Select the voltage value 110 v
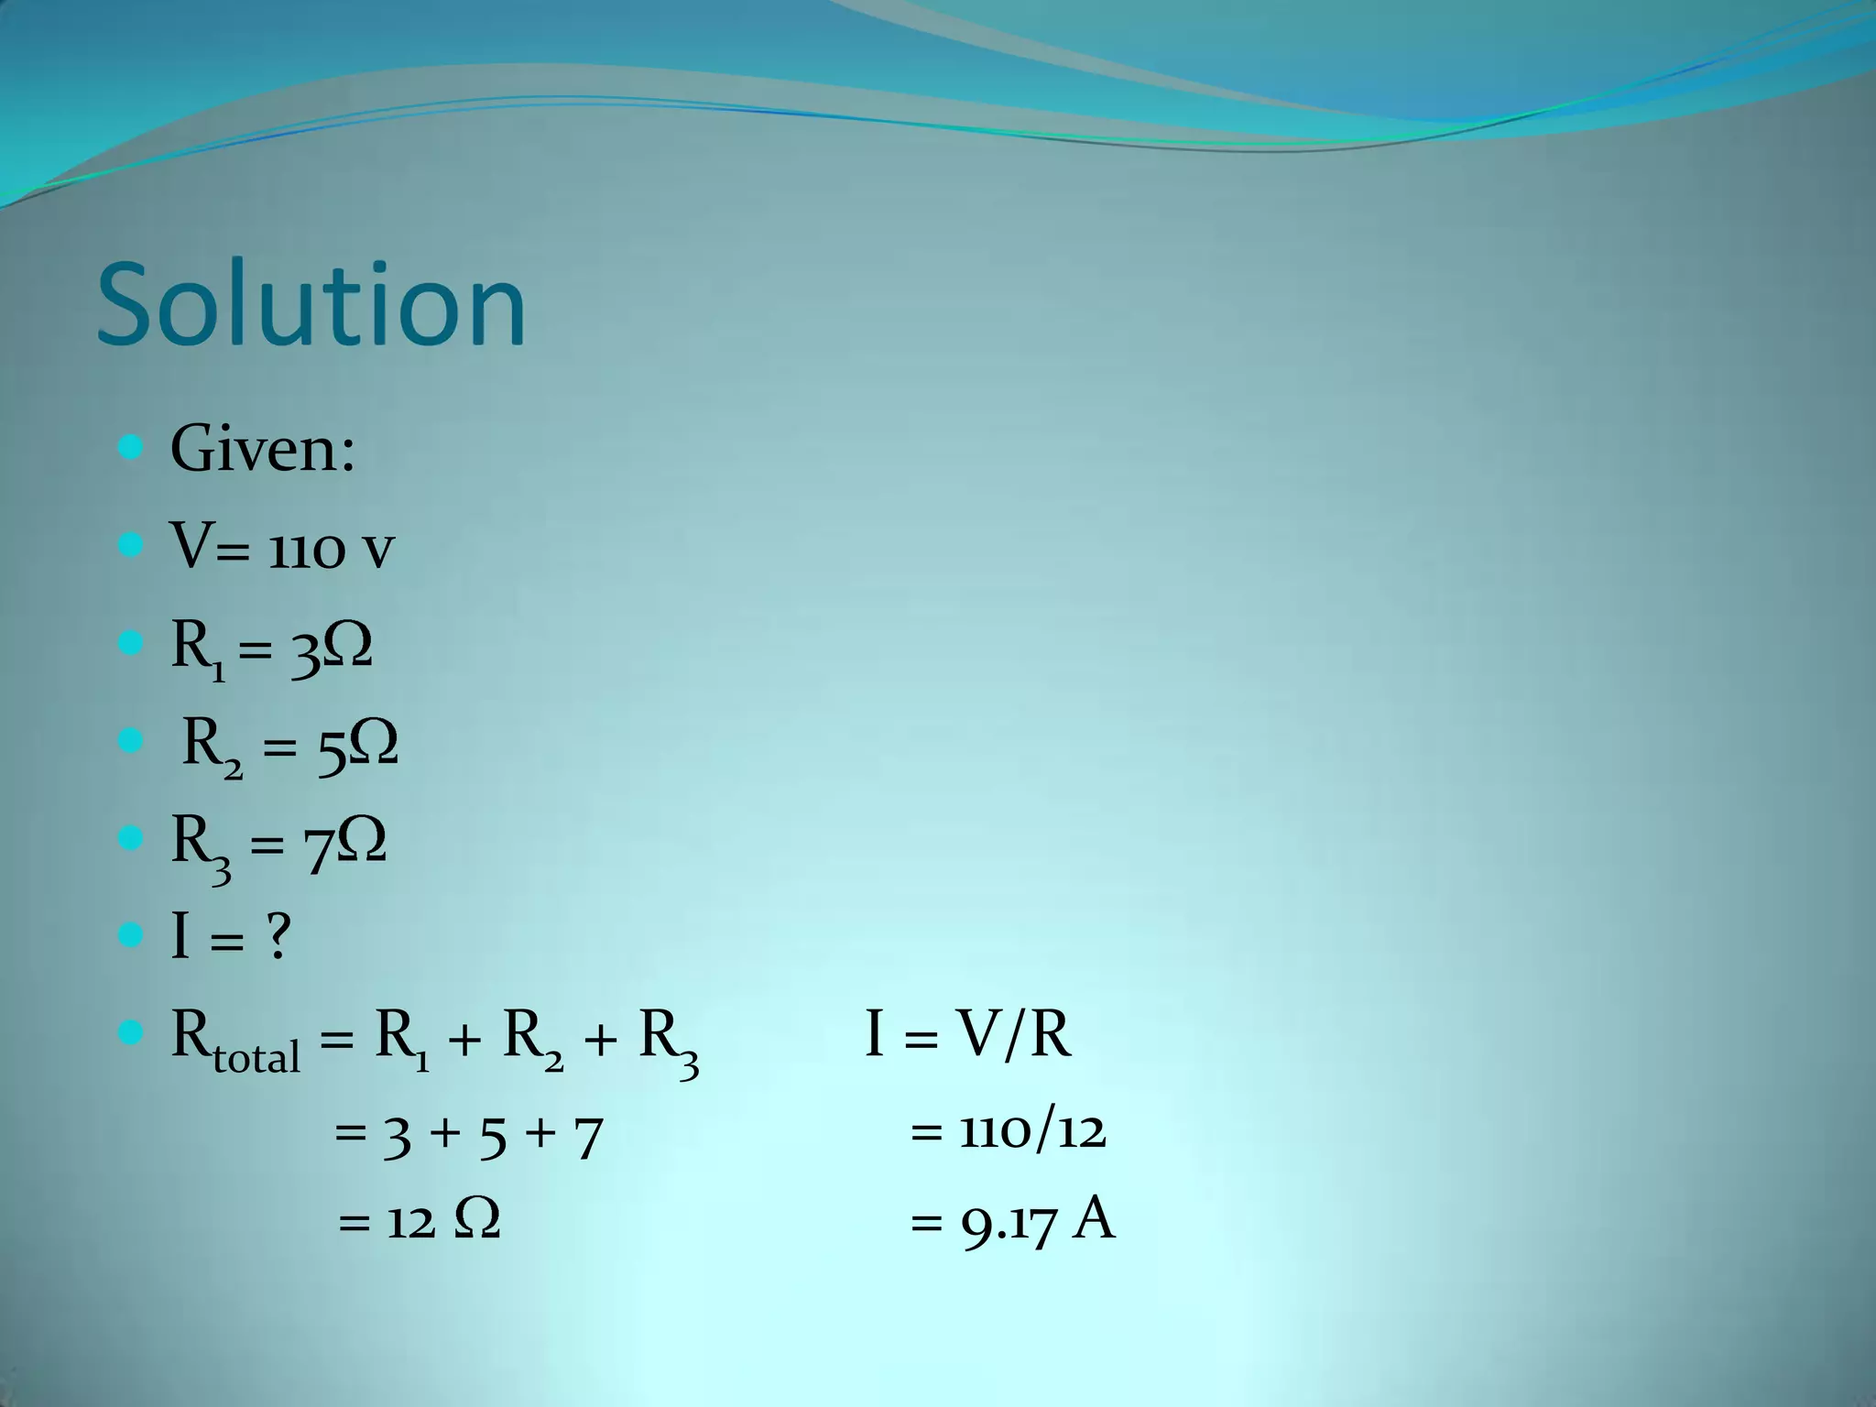coord(332,550)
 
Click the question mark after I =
coord(278,937)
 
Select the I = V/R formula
coord(968,1036)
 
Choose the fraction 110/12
coord(1032,1131)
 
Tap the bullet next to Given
coord(131,448)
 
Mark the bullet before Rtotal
coord(131,1034)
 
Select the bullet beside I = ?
coord(131,935)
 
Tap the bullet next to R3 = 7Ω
coord(131,837)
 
